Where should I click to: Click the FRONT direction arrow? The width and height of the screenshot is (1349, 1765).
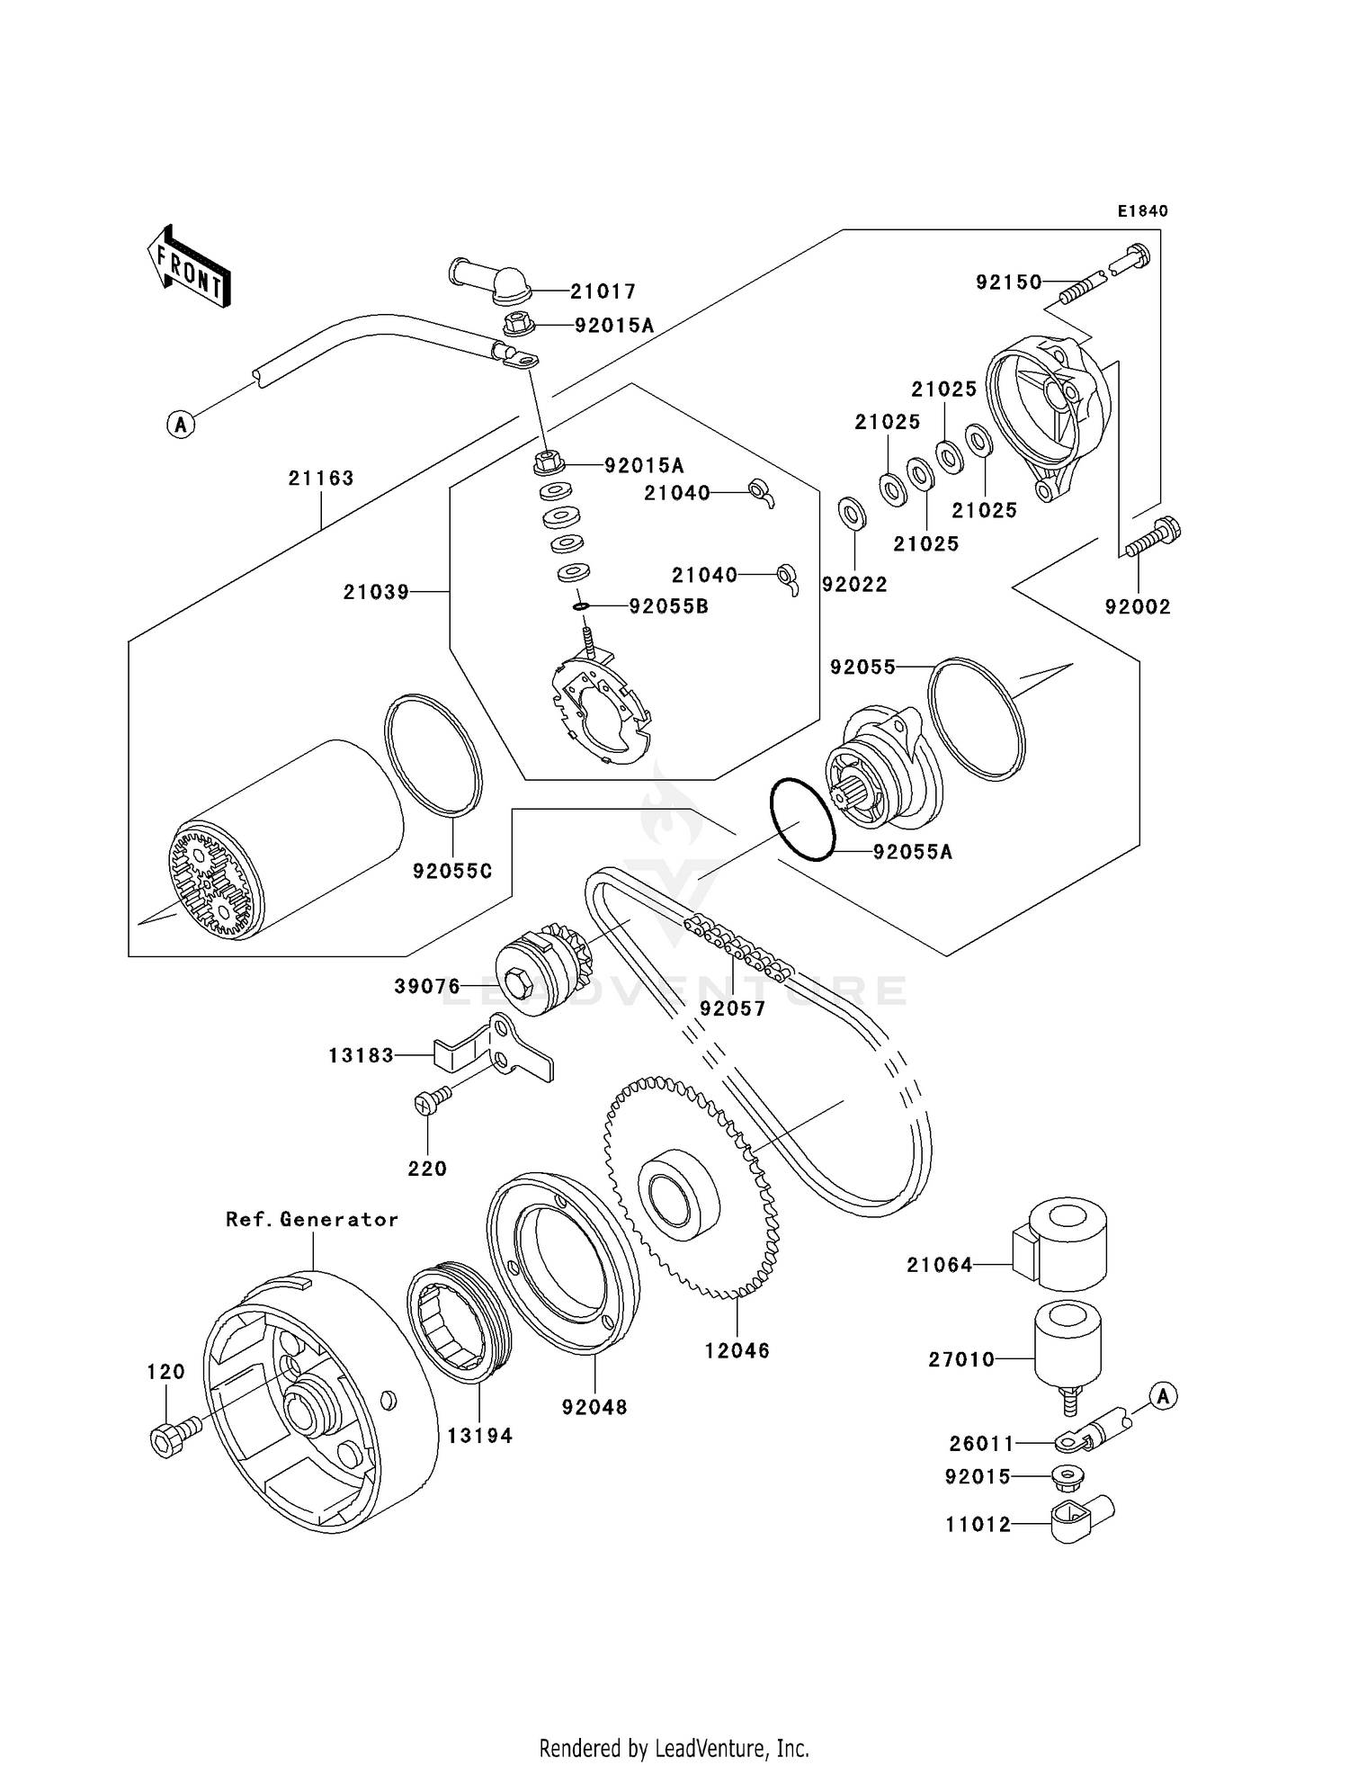pyautogui.click(x=189, y=267)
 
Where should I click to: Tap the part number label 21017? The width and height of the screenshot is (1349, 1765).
pyautogui.click(x=603, y=291)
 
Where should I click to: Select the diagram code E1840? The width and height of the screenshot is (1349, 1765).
pyautogui.click(x=1142, y=211)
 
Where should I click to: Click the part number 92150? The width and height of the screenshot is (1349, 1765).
pyautogui.click(x=1008, y=282)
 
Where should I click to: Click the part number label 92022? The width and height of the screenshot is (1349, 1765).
pyautogui.click(x=854, y=585)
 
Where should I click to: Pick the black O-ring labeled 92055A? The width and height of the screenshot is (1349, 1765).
pyautogui.click(x=803, y=820)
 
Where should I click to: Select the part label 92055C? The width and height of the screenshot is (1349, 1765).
pyautogui.click(x=452, y=872)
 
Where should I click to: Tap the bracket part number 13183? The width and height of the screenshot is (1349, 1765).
pyautogui.click(x=361, y=1055)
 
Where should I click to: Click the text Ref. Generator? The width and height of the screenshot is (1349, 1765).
pyautogui.click(x=311, y=1220)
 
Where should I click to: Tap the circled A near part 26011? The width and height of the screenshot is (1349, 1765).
pyautogui.click(x=1163, y=1397)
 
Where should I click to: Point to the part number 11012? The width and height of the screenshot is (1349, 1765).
pyautogui.click(x=978, y=1524)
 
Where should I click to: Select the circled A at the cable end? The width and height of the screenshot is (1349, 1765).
pyautogui.click(x=181, y=424)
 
